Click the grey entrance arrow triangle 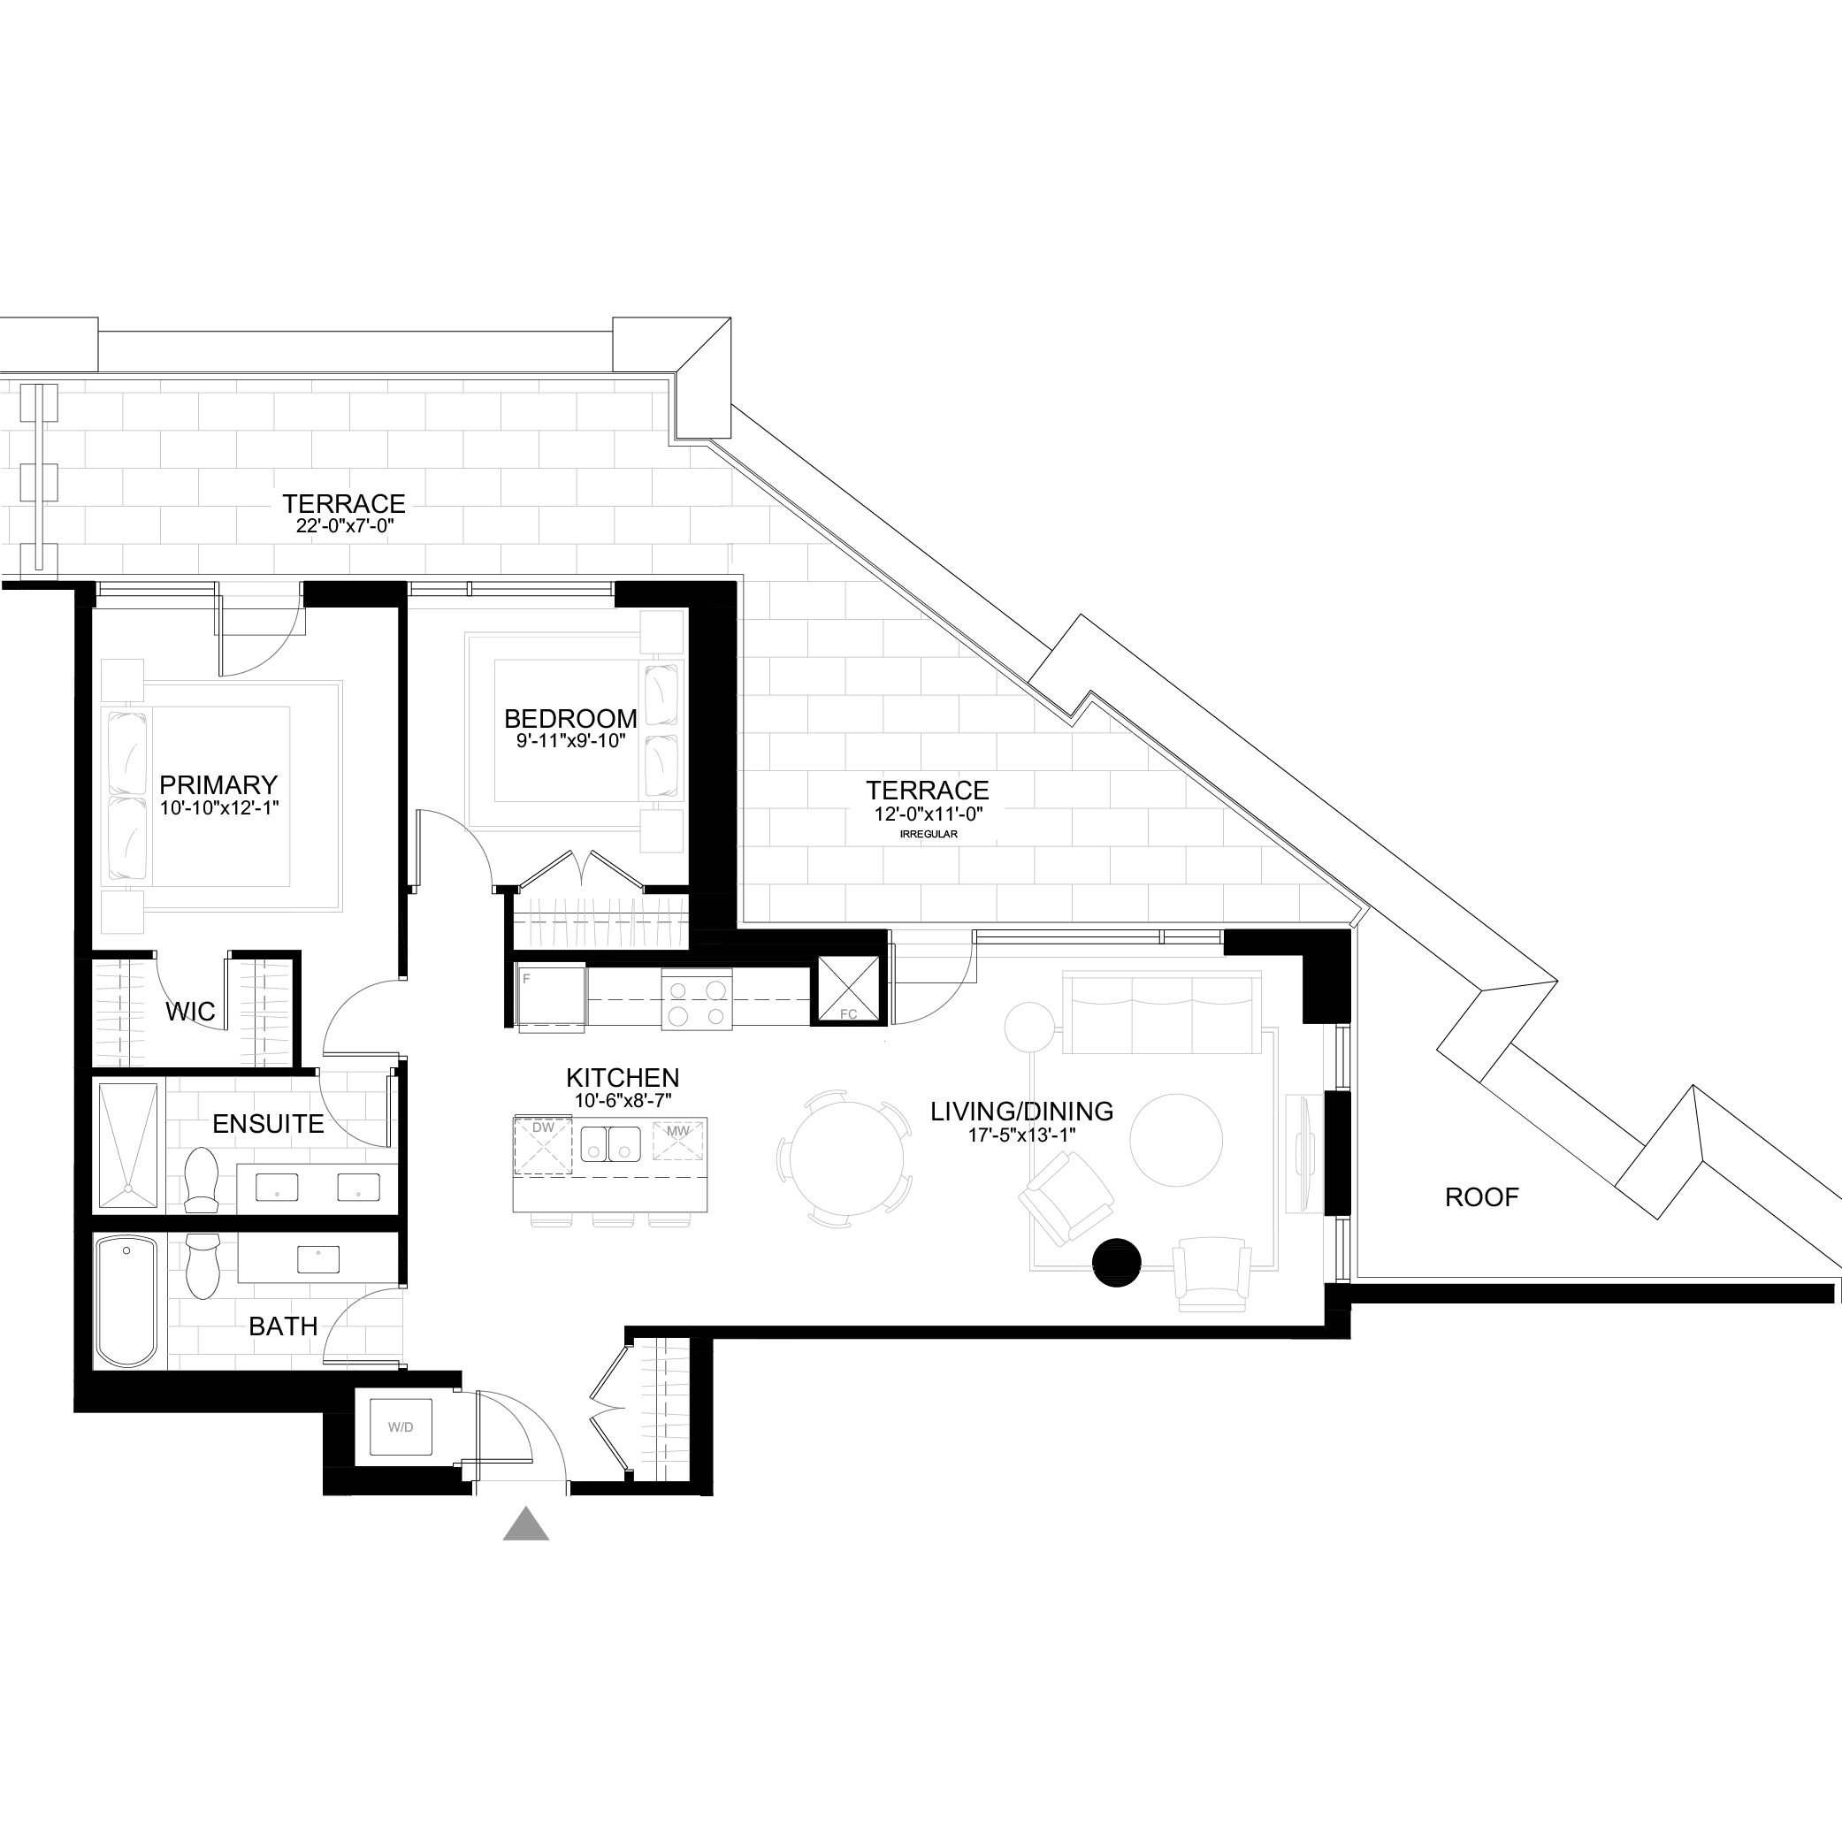pos(525,1525)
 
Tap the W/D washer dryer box pos(401,1427)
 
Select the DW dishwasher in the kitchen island pos(542,1145)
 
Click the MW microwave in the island pos(676,1140)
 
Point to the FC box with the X pos(847,990)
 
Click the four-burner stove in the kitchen pos(697,999)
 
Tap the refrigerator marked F pos(551,998)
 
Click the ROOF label pos(1481,1197)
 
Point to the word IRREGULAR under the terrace pos(928,834)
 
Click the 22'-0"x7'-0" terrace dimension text pos(344,525)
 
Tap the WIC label pos(190,1012)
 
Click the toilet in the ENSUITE pos(200,1179)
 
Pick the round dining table pos(845,1158)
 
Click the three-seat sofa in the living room pos(1161,1013)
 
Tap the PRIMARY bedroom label pos(218,784)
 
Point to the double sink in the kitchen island pos(610,1143)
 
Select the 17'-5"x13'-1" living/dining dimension pos(1021,1135)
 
